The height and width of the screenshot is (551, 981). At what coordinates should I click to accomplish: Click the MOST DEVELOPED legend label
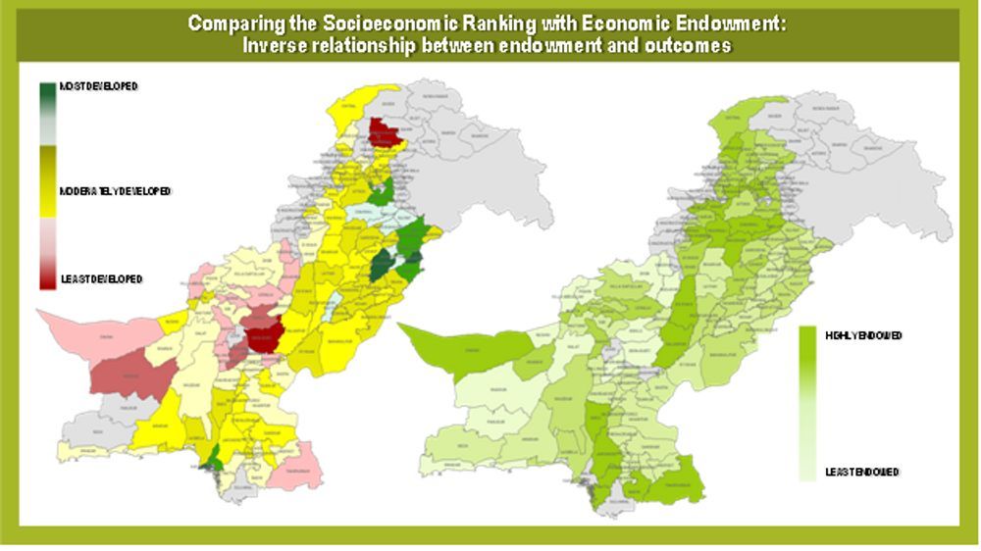(x=98, y=86)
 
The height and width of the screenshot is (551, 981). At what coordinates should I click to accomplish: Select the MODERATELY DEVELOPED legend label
(x=115, y=190)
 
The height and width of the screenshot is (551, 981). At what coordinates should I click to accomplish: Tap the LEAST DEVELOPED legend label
(x=101, y=279)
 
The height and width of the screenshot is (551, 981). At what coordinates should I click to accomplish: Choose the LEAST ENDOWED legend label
(x=862, y=472)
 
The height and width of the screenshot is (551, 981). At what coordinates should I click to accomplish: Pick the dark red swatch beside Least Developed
(x=47, y=278)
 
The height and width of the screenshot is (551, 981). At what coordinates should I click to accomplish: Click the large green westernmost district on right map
(x=451, y=343)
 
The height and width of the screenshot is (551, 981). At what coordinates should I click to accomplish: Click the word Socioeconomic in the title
(x=363, y=22)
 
